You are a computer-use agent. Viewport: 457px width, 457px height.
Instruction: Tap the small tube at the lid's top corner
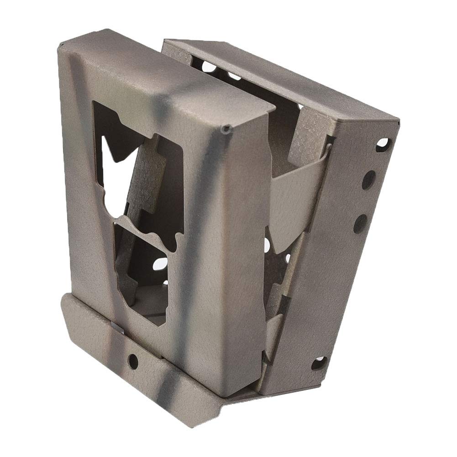(226, 130)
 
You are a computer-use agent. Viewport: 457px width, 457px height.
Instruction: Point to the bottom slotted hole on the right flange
(320, 364)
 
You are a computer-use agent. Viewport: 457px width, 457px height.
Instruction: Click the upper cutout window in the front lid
(137, 151)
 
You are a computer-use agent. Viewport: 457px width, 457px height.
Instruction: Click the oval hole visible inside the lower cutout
(161, 264)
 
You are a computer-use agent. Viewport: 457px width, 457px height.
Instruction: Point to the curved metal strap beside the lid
(297, 183)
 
